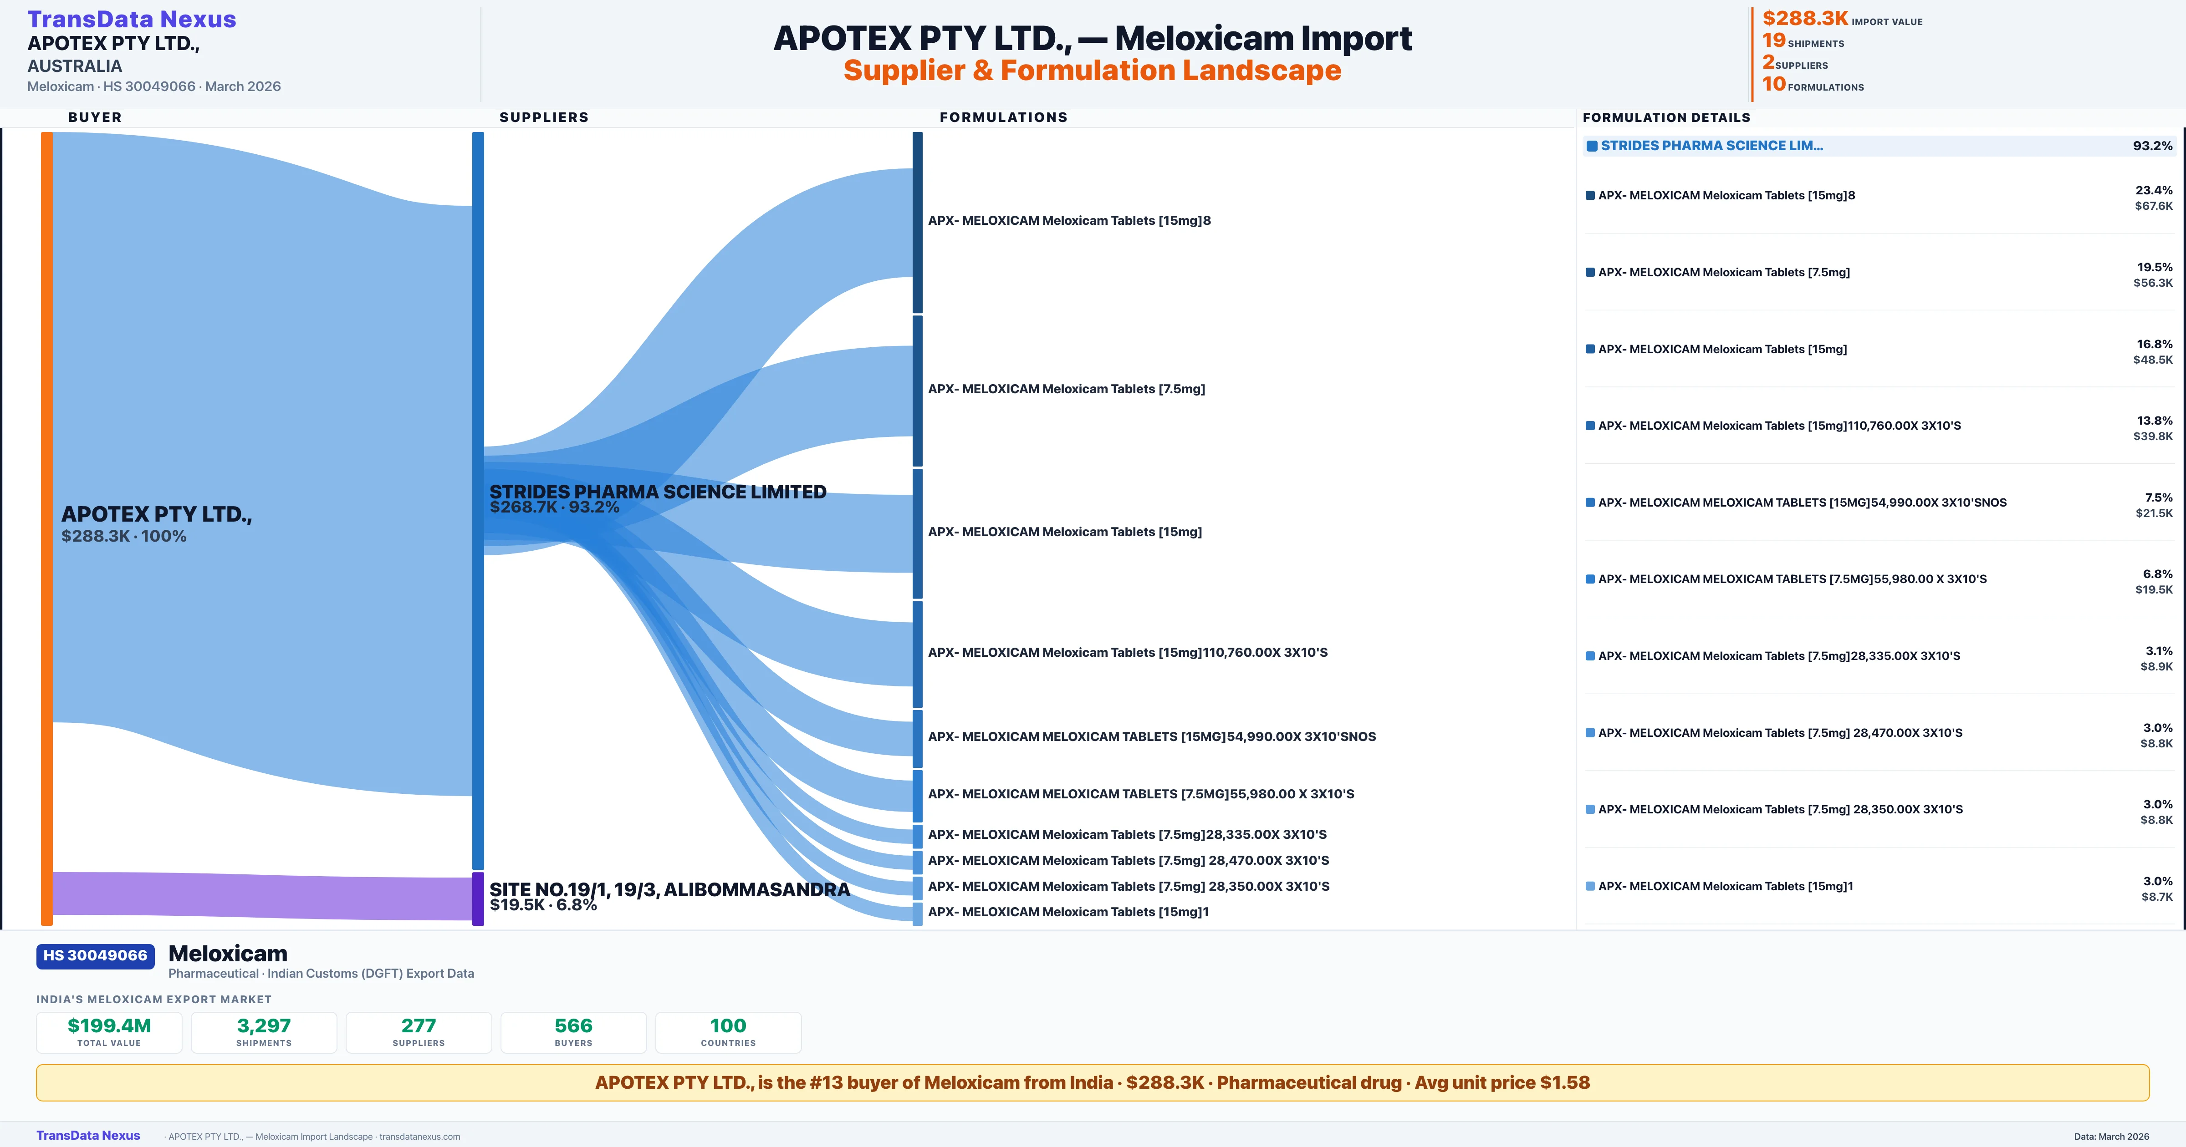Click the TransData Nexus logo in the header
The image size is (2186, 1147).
[x=132, y=19]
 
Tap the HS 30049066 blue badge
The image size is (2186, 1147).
[x=95, y=955]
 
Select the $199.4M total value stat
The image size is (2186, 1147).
[x=109, y=1025]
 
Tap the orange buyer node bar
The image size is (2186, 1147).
[x=46, y=526]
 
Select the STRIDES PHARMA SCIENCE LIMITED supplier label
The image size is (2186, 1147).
[x=658, y=492]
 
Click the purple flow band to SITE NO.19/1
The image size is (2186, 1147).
[x=255, y=895]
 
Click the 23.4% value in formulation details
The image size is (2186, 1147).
[x=2154, y=190]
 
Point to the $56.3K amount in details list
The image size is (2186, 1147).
[x=2153, y=283]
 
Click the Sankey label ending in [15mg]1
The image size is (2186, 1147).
[x=1067, y=912]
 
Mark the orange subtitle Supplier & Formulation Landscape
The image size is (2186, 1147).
[x=1092, y=71]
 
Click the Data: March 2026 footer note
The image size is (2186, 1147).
[x=2111, y=1136]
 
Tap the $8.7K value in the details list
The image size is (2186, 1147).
[x=2156, y=897]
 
